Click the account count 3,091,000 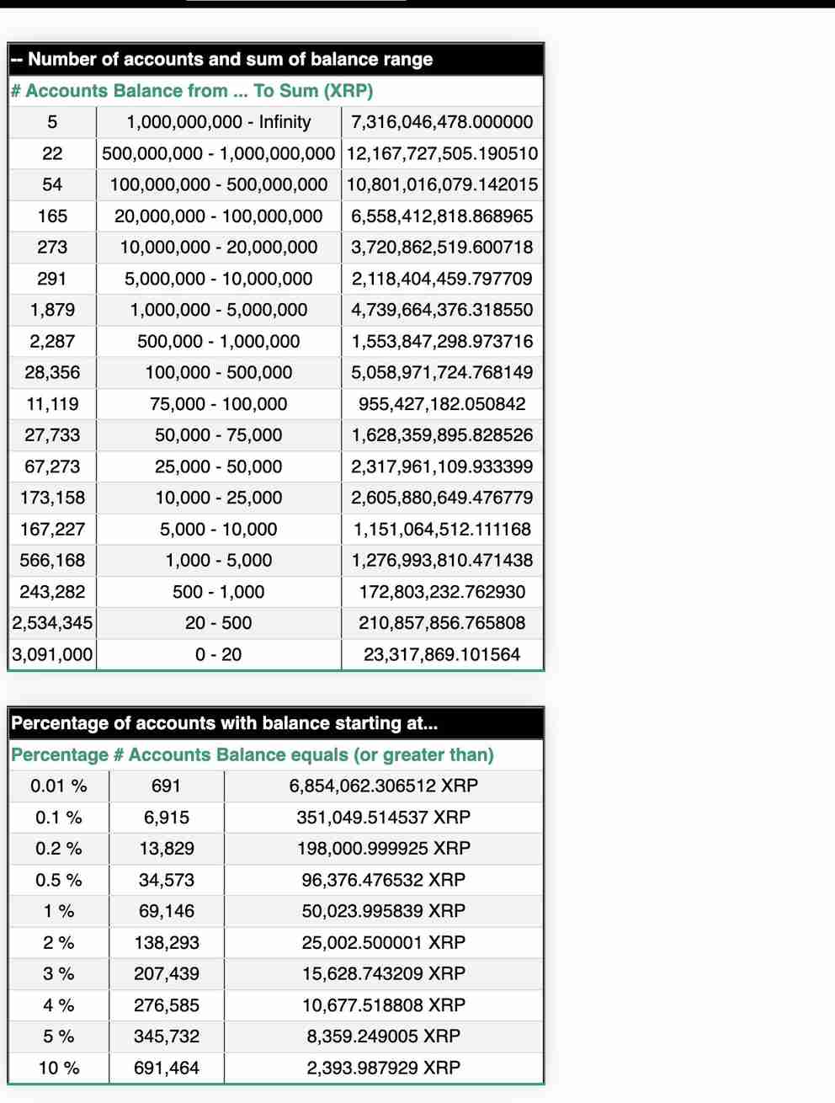(x=52, y=654)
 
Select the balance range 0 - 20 (x=218, y=654)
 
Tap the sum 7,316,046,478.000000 (x=442, y=122)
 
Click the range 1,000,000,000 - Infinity (x=218, y=122)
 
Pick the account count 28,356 (x=52, y=372)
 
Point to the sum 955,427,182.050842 (x=442, y=404)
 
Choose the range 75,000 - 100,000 (x=218, y=404)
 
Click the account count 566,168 (x=52, y=560)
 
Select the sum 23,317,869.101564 (x=442, y=654)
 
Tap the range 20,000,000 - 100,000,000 (x=218, y=216)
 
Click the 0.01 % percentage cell (x=58, y=786)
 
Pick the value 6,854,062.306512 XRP (x=383, y=786)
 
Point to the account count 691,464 (x=167, y=1068)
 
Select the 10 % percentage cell (x=58, y=1068)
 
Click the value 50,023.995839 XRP (x=383, y=911)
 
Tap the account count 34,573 (x=167, y=880)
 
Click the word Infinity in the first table (x=285, y=122)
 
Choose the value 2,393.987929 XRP (x=383, y=1068)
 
